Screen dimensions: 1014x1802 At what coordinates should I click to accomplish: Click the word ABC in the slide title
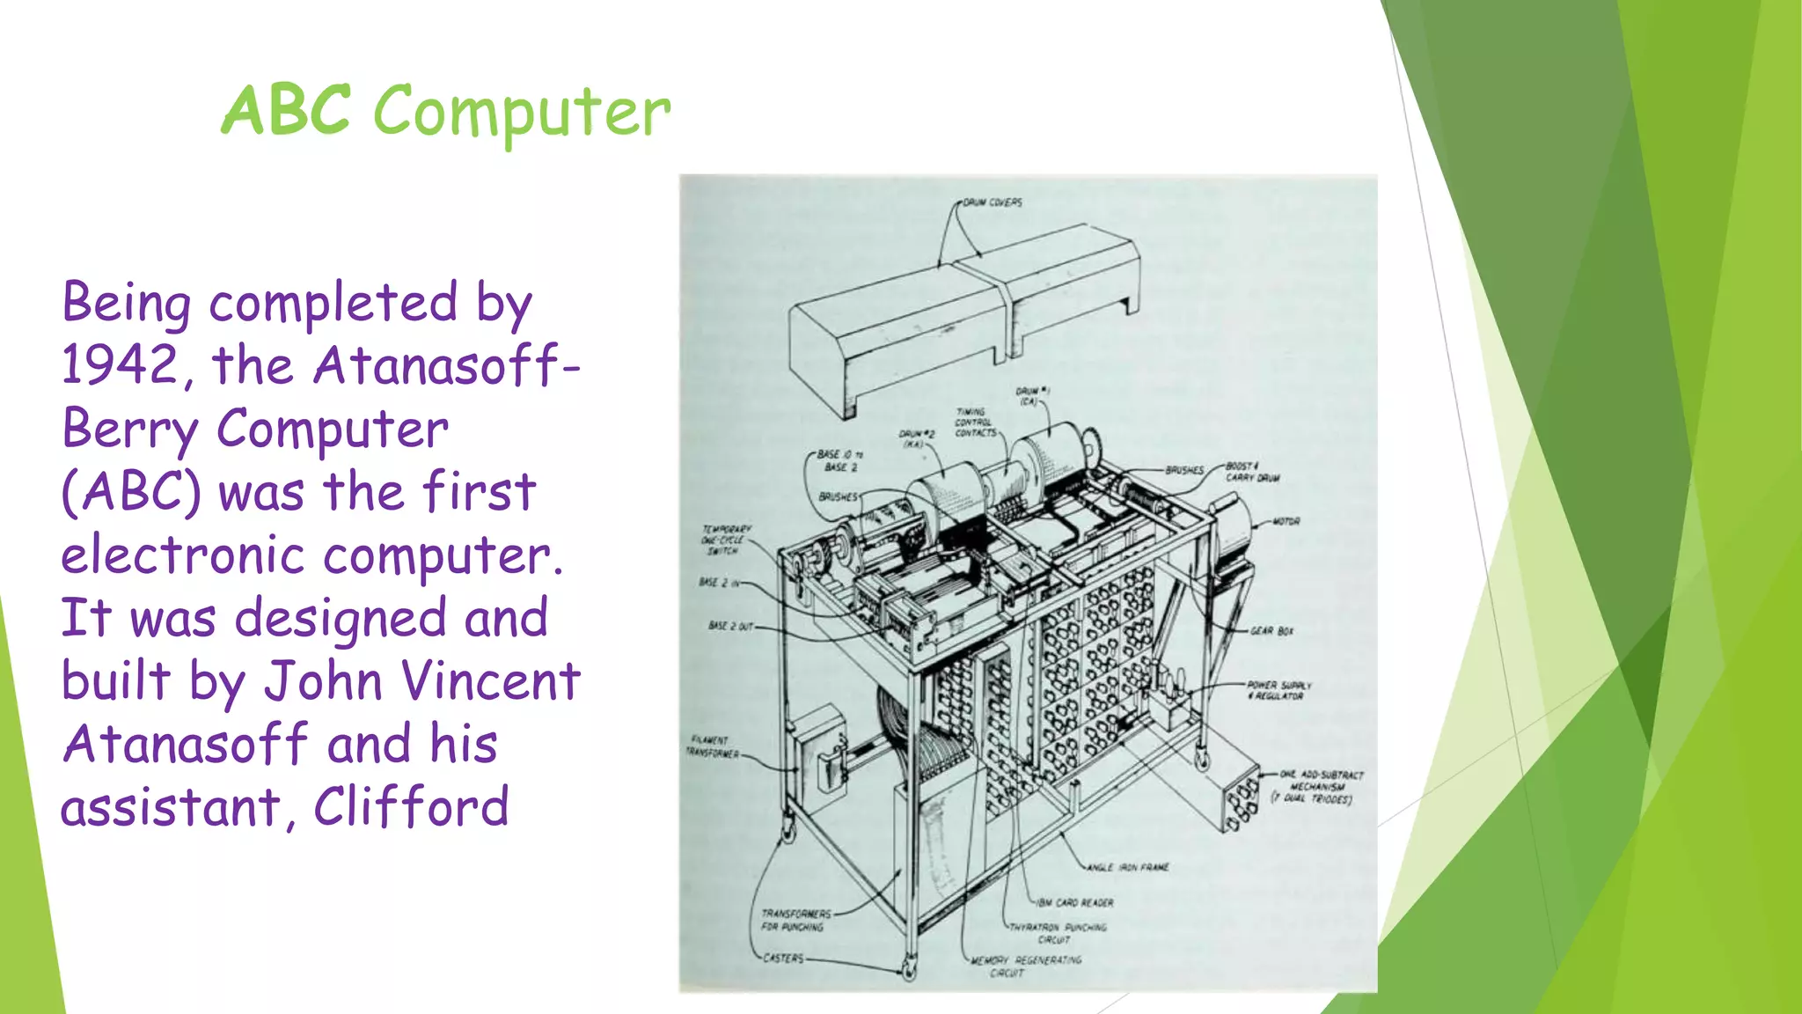click(x=286, y=111)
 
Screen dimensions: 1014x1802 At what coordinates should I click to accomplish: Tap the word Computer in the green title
click(x=522, y=113)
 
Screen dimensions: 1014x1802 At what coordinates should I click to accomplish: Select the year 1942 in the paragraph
click(x=121, y=364)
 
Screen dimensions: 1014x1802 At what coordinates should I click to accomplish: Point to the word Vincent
click(x=491, y=681)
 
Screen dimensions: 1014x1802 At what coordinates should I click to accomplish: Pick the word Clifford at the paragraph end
click(x=411, y=807)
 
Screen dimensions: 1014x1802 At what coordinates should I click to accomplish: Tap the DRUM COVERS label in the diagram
click(x=992, y=202)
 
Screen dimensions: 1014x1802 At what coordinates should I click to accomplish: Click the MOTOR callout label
click(x=1286, y=522)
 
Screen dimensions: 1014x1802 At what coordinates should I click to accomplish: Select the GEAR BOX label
click(x=1271, y=631)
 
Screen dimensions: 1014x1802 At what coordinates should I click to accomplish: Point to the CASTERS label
click(x=783, y=958)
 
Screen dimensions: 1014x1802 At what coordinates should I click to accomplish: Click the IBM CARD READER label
click(x=1074, y=903)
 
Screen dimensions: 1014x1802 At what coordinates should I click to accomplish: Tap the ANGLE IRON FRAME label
click(x=1127, y=868)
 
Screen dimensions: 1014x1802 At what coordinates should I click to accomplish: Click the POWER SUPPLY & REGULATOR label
click(x=1278, y=690)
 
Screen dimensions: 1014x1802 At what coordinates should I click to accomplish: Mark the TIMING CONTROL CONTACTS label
click(x=975, y=422)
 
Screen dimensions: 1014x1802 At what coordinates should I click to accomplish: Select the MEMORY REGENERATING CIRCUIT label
click(x=1026, y=966)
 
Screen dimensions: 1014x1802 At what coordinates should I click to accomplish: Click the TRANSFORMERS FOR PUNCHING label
click(x=794, y=920)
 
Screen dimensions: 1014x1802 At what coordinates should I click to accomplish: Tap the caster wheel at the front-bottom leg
click(x=908, y=971)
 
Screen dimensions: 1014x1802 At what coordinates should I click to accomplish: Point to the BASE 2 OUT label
click(x=730, y=626)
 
